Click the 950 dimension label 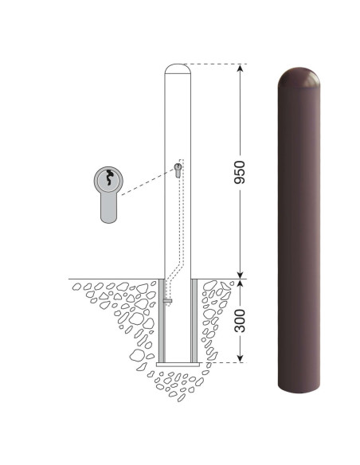click(x=239, y=172)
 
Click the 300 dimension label click(x=239, y=321)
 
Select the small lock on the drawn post click(x=178, y=170)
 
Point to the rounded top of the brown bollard click(x=299, y=78)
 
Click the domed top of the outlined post click(x=178, y=68)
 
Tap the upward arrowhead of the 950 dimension click(x=241, y=68)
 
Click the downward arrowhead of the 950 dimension click(x=241, y=275)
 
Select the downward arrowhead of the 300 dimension click(x=241, y=358)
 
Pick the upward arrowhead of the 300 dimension click(x=241, y=283)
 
